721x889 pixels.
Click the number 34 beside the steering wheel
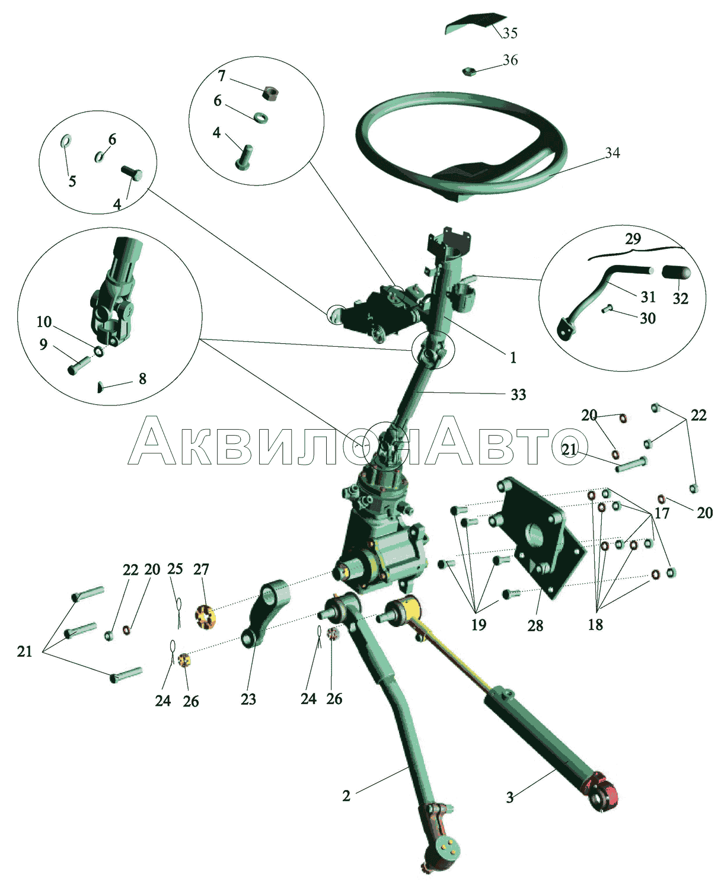pos(612,153)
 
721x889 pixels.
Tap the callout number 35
pos(510,33)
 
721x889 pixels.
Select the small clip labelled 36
pos(469,71)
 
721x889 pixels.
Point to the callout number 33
pos(518,394)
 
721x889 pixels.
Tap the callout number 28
pos(535,625)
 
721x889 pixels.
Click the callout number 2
pos(346,796)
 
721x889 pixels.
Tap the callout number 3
pos(509,798)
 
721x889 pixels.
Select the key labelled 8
pos(100,387)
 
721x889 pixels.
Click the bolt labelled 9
pos(78,365)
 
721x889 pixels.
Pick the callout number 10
pos(44,322)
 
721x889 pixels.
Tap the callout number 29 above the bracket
pos(633,239)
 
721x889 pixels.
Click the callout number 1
pos(513,358)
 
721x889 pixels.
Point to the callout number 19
pos(479,625)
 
